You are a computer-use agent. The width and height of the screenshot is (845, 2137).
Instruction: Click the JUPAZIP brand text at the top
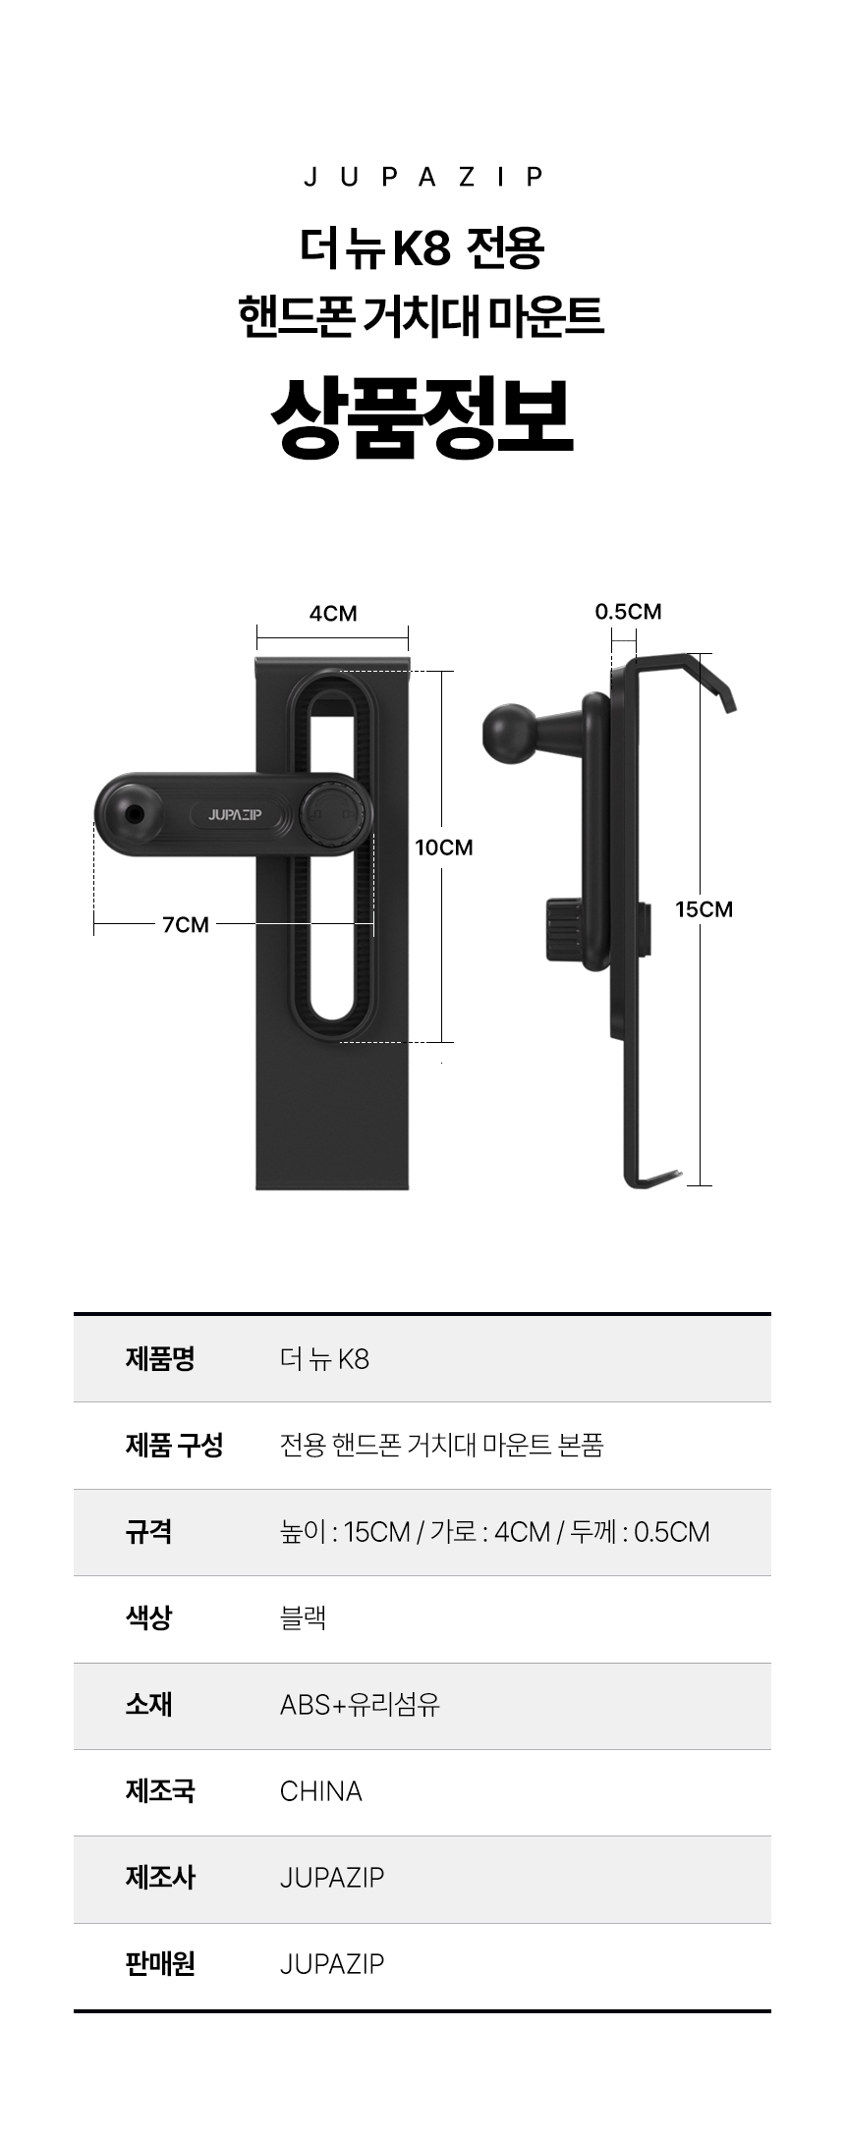pyautogui.click(x=422, y=177)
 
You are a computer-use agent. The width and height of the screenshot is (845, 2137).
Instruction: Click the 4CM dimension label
pyautogui.click(x=333, y=614)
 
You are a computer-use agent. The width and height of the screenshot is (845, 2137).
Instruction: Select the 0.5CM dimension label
pyautogui.click(x=628, y=612)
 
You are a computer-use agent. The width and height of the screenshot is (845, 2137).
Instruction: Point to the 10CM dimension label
pyautogui.click(x=444, y=848)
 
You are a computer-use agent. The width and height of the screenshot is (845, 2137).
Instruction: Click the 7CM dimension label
pyautogui.click(x=186, y=924)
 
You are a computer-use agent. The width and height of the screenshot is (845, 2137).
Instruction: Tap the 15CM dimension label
pyautogui.click(x=704, y=909)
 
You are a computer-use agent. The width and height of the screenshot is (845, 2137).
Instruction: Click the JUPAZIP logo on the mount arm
pyautogui.click(x=235, y=814)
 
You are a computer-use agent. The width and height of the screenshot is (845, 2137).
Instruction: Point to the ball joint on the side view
pyautogui.click(x=509, y=728)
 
